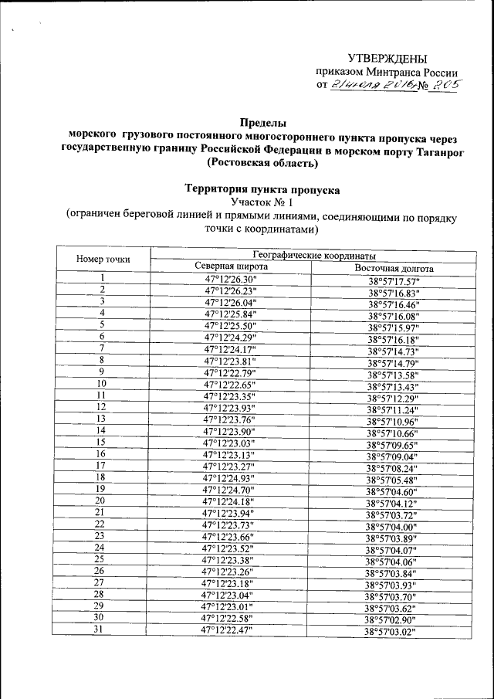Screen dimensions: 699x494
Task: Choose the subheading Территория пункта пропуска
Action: coord(262,189)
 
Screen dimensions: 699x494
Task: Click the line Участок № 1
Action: coord(262,202)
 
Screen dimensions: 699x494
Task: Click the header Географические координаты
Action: coord(314,254)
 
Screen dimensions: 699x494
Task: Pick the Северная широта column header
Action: coord(230,266)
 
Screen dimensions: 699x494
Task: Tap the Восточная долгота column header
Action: coord(394,269)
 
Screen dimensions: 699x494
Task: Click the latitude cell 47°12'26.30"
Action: coord(230,279)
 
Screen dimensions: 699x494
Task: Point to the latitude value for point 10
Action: coord(230,384)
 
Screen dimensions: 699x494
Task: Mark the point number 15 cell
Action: coord(100,442)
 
